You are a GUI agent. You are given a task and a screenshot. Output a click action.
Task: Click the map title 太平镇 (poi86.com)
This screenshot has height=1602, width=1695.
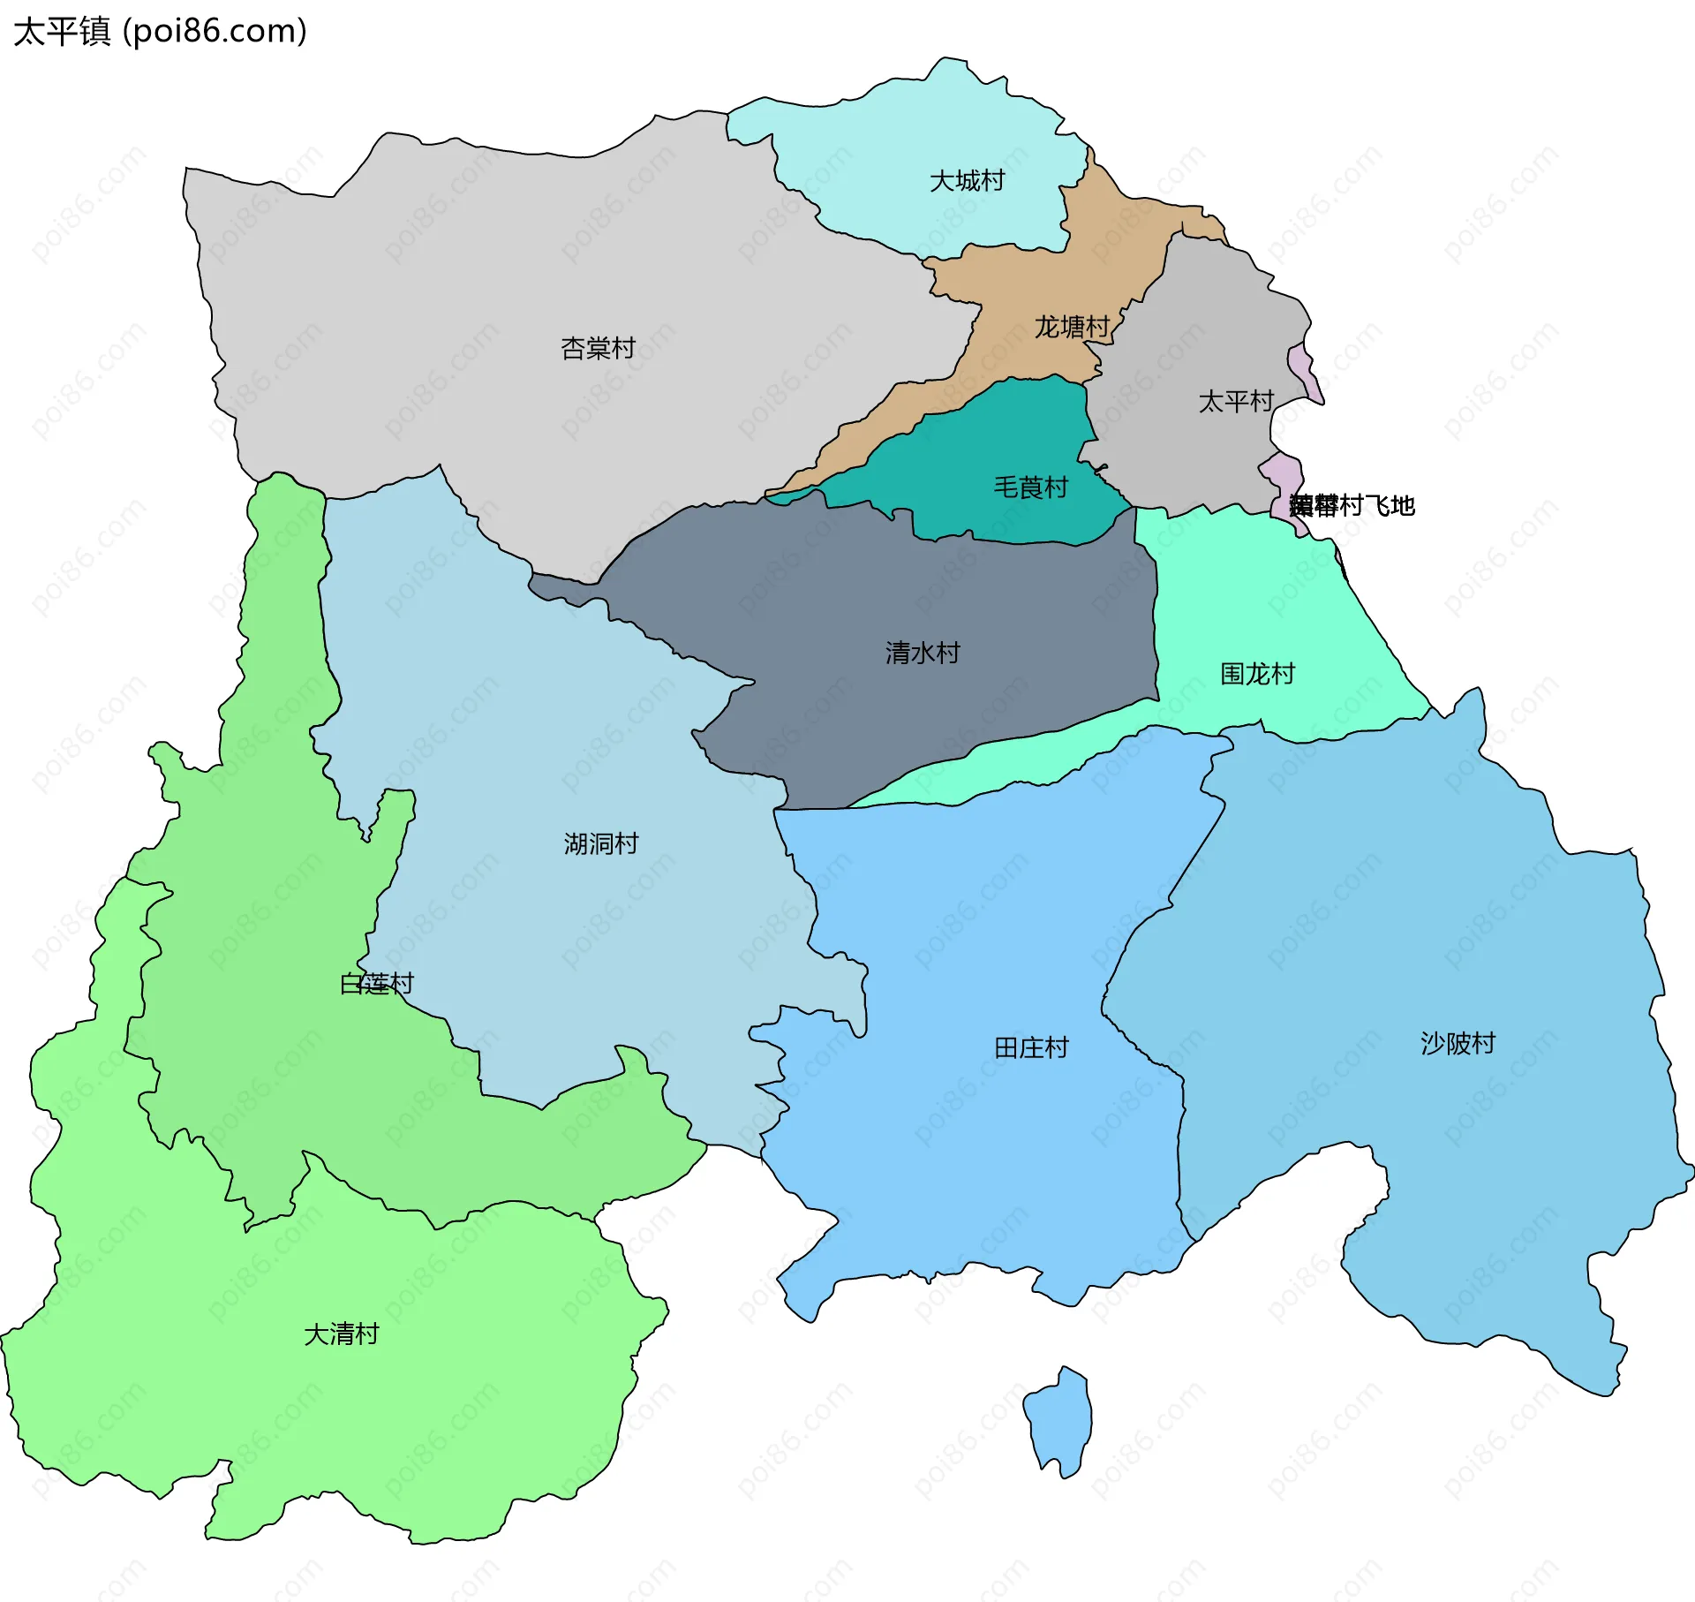(160, 32)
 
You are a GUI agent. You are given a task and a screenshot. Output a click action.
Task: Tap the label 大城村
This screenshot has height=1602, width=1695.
(967, 181)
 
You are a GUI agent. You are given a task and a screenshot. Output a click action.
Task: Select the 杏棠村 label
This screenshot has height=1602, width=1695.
(598, 349)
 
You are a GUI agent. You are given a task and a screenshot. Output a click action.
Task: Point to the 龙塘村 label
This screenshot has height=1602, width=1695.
(1072, 328)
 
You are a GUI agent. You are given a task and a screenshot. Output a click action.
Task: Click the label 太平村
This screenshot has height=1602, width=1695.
(1235, 402)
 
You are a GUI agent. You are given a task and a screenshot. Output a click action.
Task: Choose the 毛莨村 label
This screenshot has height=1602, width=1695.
(1030, 487)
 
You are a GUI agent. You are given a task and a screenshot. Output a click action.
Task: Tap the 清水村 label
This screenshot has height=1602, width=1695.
(923, 654)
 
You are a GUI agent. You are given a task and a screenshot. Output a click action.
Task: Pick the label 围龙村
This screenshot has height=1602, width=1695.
(1257, 675)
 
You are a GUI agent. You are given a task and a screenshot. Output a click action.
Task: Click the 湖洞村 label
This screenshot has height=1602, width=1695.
(600, 844)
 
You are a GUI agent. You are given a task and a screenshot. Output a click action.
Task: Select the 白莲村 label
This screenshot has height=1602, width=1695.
(377, 984)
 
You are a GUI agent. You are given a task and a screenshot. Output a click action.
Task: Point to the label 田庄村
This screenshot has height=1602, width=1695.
(1031, 1048)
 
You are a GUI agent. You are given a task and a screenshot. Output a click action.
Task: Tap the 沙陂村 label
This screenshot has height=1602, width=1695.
(1458, 1044)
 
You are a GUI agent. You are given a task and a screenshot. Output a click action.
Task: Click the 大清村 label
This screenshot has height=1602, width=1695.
(341, 1334)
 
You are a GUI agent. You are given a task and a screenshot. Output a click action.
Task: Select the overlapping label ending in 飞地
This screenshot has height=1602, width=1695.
(1352, 506)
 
